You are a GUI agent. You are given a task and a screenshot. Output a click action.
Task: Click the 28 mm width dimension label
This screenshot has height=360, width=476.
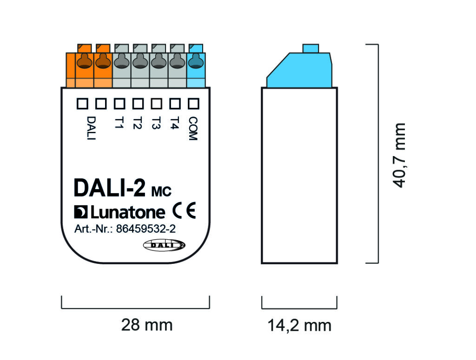click(x=146, y=325)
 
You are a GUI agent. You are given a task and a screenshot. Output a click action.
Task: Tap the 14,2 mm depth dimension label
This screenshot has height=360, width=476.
click(x=299, y=326)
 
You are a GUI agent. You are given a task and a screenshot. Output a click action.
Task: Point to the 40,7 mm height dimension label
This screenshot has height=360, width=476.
click(x=399, y=155)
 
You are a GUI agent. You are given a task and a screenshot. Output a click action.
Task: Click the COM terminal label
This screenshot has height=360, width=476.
click(x=193, y=128)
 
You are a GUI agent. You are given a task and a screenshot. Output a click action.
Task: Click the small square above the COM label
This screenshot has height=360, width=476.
click(x=193, y=103)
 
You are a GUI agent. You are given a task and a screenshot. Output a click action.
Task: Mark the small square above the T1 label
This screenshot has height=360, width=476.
click(x=119, y=103)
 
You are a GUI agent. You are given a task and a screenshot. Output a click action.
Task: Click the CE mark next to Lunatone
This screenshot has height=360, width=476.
click(x=184, y=211)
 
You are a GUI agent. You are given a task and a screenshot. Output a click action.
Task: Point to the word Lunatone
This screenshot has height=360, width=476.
click(x=127, y=213)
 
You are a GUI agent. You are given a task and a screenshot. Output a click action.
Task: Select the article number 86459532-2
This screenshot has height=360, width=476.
click(x=145, y=229)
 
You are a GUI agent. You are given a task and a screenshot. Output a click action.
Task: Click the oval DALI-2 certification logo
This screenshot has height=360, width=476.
click(x=164, y=245)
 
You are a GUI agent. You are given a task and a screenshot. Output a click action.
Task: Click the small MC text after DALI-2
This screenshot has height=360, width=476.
click(x=161, y=190)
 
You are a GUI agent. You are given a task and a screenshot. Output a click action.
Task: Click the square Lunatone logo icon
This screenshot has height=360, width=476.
click(x=80, y=212)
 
